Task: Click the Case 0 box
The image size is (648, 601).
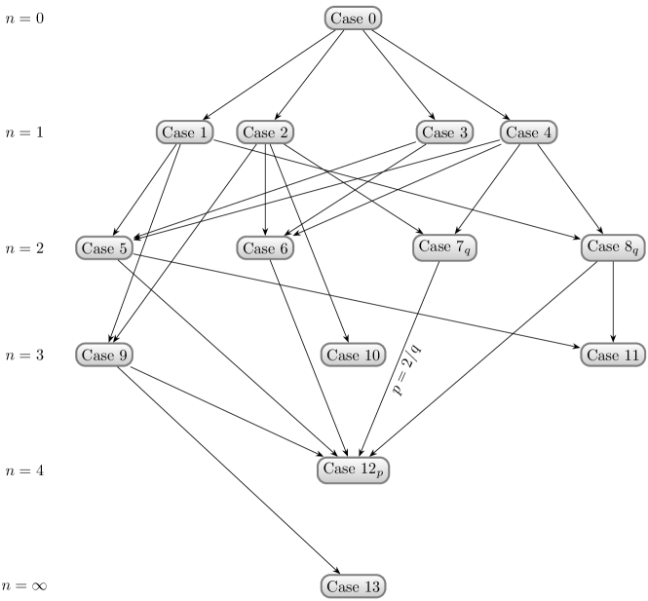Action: click(x=353, y=19)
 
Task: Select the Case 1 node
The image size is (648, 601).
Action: click(x=184, y=132)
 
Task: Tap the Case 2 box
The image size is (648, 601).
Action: click(x=265, y=132)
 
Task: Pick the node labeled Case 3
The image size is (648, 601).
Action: click(x=445, y=132)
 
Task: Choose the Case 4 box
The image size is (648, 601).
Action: click(x=529, y=132)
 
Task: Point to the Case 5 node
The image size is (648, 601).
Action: click(x=104, y=248)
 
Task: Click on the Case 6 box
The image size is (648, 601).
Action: click(x=265, y=248)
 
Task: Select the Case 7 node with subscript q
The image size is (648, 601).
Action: click(x=445, y=248)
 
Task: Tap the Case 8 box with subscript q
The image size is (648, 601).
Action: click(x=614, y=248)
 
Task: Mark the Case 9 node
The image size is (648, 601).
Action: click(x=104, y=356)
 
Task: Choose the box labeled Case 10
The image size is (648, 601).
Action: click(x=353, y=356)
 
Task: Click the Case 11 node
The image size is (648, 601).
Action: click(x=614, y=356)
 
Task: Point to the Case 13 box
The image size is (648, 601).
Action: click(x=353, y=586)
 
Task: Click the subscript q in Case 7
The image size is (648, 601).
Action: click(x=468, y=252)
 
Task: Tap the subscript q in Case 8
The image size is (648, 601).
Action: click(x=635, y=252)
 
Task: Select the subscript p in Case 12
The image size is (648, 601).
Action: click(x=380, y=473)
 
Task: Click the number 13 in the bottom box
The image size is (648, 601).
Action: click(x=371, y=586)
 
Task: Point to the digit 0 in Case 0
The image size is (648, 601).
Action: click(x=370, y=19)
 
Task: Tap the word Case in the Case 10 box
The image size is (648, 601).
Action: click(x=342, y=356)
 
